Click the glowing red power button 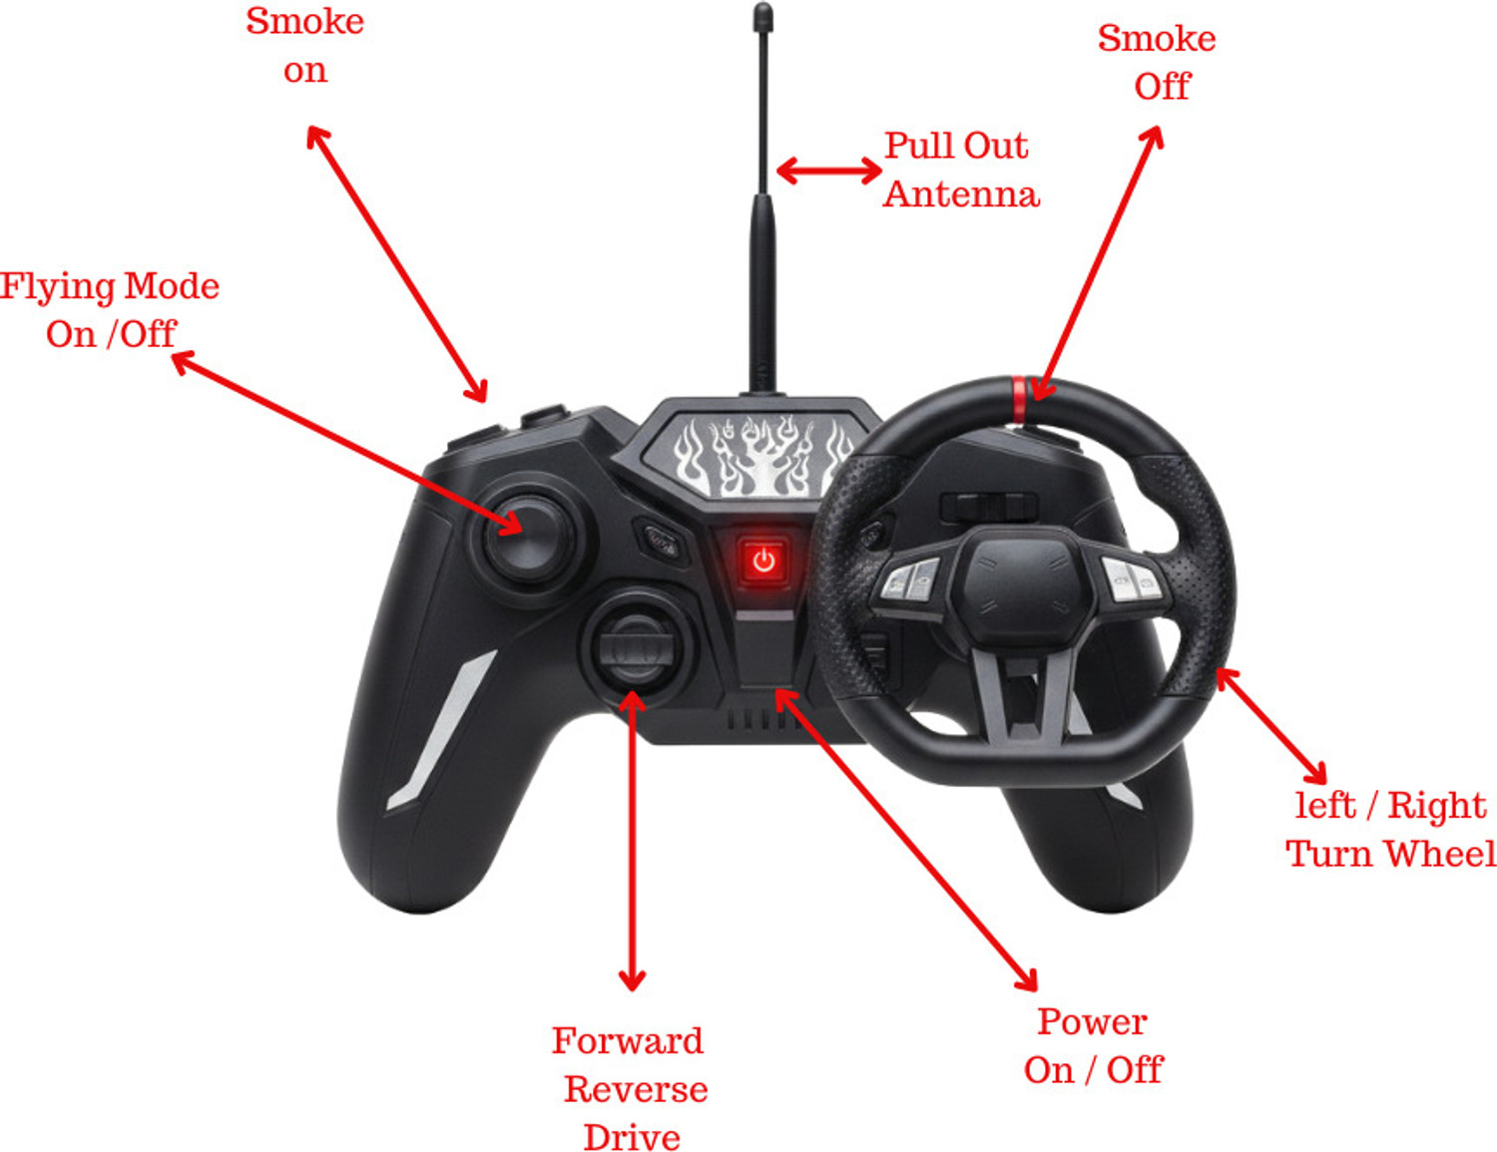(x=763, y=561)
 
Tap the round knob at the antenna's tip (x=762, y=17)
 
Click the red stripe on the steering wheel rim (x=1019, y=398)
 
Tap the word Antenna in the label (x=961, y=194)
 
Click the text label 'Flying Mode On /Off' (x=109, y=309)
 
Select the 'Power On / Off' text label (x=1093, y=1045)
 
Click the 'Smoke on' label (x=304, y=46)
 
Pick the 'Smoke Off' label (x=1158, y=63)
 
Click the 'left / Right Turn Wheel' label (x=1390, y=829)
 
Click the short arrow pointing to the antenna (x=828, y=171)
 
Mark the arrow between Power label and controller (x=906, y=840)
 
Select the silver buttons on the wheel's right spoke (x=1133, y=579)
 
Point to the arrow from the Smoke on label (x=397, y=263)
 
